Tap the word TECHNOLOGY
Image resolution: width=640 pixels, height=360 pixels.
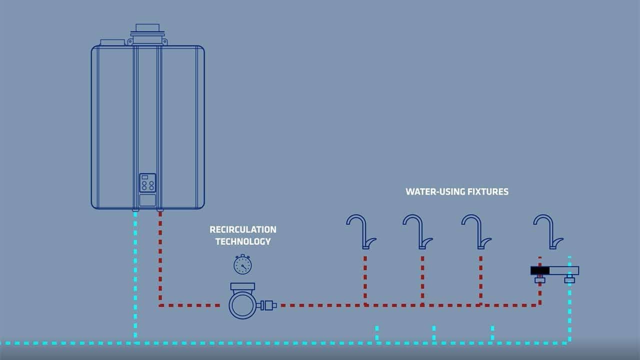(x=242, y=241)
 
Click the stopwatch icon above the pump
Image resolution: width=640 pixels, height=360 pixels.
(x=242, y=264)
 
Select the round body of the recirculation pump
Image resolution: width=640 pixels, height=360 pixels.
(x=242, y=304)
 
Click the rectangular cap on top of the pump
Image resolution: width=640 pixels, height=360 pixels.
(x=242, y=286)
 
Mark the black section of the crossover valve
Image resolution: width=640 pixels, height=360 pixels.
(x=540, y=270)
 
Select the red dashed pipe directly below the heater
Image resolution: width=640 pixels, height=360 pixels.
(x=160, y=255)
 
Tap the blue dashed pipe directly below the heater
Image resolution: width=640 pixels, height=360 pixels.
(x=135, y=275)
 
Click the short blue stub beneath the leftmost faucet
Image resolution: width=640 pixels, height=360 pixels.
(x=376, y=334)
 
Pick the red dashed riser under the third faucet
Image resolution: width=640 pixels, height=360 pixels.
(x=480, y=280)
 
